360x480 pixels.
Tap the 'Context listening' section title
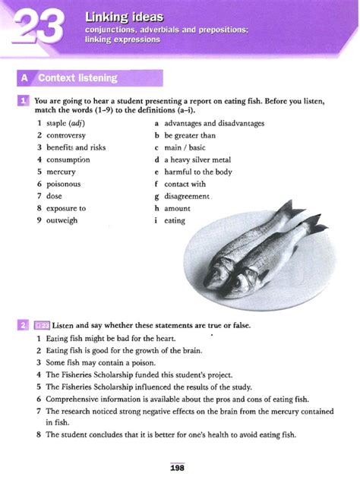click(78, 77)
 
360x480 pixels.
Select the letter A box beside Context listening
click(27, 77)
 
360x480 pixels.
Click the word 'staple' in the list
click(56, 123)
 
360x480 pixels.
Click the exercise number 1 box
click(25, 100)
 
